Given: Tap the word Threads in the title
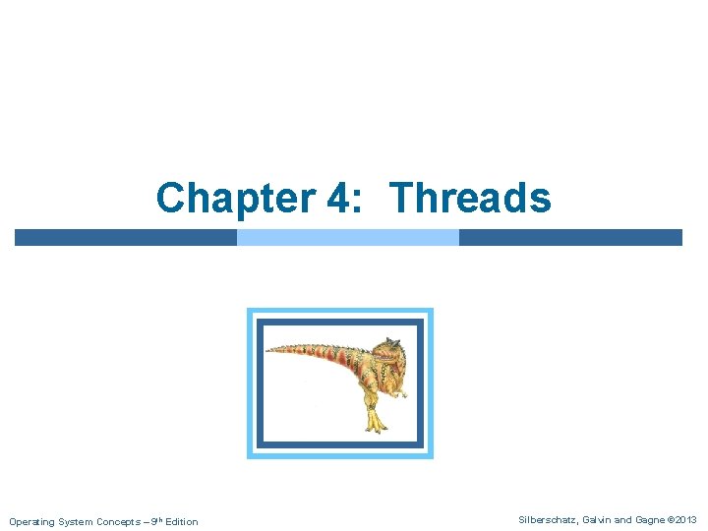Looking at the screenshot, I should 471,198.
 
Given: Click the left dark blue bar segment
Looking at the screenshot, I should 126,237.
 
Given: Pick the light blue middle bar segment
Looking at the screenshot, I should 348,237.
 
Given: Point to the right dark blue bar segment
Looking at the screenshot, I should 570,237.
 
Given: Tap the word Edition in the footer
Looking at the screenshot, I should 181,521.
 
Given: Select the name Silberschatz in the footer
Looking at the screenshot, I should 548,520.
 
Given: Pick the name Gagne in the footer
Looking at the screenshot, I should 648,520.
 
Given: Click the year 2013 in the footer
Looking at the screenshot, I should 686,520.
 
